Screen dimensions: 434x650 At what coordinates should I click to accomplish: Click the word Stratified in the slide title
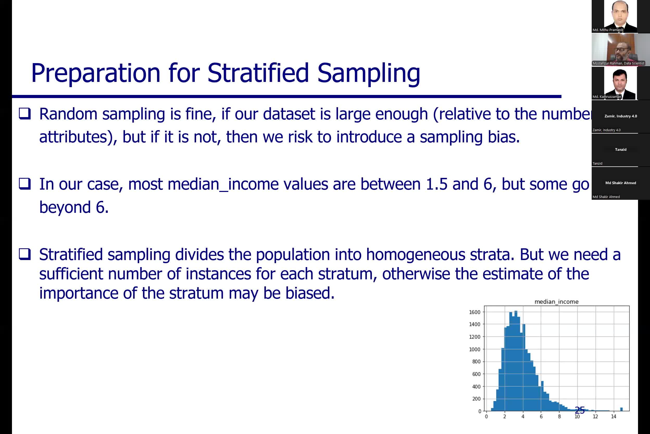pos(258,73)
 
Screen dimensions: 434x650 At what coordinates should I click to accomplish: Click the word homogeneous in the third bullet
pos(415,255)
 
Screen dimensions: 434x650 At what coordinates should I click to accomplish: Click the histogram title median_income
pos(556,302)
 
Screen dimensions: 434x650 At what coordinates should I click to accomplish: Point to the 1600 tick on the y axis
pos(474,312)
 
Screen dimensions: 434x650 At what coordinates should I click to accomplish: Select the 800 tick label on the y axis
pos(476,361)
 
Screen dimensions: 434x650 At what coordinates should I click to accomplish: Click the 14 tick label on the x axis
pos(613,417)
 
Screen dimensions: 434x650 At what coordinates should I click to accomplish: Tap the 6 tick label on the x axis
pos(541,417)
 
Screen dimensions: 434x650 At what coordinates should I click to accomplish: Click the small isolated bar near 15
pos(621,409)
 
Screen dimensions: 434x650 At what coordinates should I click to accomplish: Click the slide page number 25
pos(579,410)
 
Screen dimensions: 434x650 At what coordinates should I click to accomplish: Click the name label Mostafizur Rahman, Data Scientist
pos(618,63)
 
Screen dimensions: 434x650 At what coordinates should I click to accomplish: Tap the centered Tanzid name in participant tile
pos(620,149)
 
